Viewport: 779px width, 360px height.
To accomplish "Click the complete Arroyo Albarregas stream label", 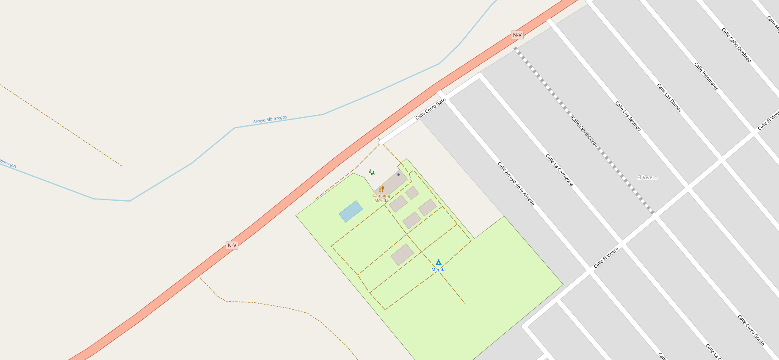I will tap(270, 119).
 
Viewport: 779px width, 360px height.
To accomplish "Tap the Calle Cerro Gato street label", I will tap(431, 109).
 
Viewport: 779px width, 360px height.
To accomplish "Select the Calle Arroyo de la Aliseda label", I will tap(516, 184).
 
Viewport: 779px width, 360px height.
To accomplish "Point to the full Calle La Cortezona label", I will tap(559, 170).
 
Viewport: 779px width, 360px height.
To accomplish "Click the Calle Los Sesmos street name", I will tap(628, 116).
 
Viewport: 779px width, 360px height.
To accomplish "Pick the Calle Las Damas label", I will tap(669, 98).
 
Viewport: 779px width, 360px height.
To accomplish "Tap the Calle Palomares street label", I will tap(706, 76).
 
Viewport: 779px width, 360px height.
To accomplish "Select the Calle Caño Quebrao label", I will tap(736, 45).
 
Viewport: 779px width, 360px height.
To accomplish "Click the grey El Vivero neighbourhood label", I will tap(647, 177).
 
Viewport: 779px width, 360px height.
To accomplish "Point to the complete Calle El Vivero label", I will tap(606, 258).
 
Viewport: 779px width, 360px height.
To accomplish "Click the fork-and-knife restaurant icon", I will tap(381, 189).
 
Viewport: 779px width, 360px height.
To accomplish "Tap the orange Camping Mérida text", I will tap(381, 198).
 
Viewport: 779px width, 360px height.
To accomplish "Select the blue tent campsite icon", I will tap(439, 262).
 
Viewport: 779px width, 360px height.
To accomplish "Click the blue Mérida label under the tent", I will tap(439, 270).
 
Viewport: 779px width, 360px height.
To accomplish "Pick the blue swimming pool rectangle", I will tap(351, 211).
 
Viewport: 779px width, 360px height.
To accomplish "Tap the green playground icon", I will tap(372, 172).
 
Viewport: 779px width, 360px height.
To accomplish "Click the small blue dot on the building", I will tap(398, 174).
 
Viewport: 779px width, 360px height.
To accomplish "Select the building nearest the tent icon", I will tap(402, 255).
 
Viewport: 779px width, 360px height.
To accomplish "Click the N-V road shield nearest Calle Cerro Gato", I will tap(517, 35).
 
